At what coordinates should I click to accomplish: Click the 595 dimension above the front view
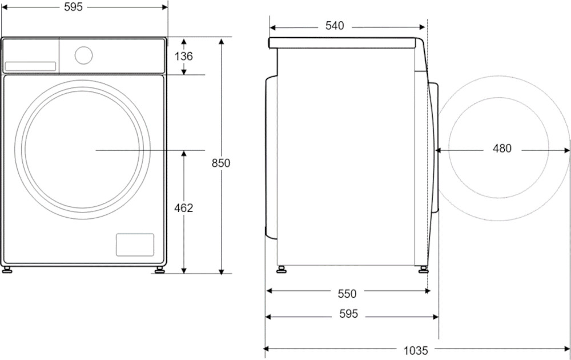pyautogui.click(x=74, y=7)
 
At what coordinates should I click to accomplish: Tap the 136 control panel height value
pyautogui.click(x=183, y=56)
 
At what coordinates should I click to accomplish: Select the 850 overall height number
pyautogui.click(x=221, y=163)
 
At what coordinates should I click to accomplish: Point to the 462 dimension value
pyautogui.click(x=183, y=208)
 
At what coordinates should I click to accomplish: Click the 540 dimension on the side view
pyautogui.click(x=335, y=26)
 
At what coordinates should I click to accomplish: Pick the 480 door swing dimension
pyautogui.click(x=502, y=149)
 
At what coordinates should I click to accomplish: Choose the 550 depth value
pyautogui.click(x=347, y=293)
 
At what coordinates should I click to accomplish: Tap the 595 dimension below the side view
pyautogui.click(x=349, y=313)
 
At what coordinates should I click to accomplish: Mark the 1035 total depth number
pyautogui.click(x=416, y=350)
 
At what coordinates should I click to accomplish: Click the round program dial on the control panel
pyautogui.click(x=83, y=55)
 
